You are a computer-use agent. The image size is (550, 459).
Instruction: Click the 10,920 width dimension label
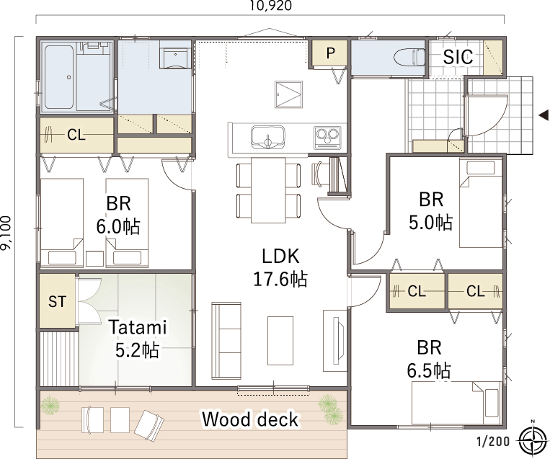pyautogui.click(x=270, y=6)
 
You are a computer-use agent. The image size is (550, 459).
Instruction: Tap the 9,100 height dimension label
pyautogui.click(x=6, y=233)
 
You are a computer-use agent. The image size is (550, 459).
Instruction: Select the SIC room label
pyautogui.click(x=458, y=56)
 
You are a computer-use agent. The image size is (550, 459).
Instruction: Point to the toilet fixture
pyautogui.click(x=410, y=57)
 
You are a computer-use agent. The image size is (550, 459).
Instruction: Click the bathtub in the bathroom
pyautogui.click(x=59, y=77)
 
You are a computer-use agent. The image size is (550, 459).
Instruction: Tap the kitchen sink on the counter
pyautogui.click(x=268, y=137)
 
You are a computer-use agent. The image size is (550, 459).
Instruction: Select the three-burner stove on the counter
pyautogui.click(x=327, y=137)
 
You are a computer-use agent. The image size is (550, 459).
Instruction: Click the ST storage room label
pyautogui.click(x=57, y=302)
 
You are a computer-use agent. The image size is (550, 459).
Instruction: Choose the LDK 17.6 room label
pyautogui.click(x=280, y=268)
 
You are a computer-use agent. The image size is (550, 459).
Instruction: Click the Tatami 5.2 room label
pyautogui.click(x=138, y=339)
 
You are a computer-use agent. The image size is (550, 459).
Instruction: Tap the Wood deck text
pyautogui.click(x=250, y=419)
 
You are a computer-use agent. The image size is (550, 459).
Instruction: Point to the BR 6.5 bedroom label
pyautogui.click(x=429, y=359)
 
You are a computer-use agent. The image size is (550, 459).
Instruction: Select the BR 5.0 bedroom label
pyautogui.click(x=431, y=210)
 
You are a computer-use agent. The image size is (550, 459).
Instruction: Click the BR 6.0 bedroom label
pyautogui.click(x=118, y=215)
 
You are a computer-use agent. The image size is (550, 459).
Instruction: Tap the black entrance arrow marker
pyautogui.click(x=544, y=115)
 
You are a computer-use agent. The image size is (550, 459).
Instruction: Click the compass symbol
pyautogui.click(x=533, y=439)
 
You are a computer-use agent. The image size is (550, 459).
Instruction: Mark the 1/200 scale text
pyautogui.click(x=493, y=441)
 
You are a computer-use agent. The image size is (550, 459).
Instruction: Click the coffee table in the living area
pyautogui.click(x=280, y=341)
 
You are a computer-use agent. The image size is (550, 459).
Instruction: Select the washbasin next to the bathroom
pyautogui.click(x=175, y=54)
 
